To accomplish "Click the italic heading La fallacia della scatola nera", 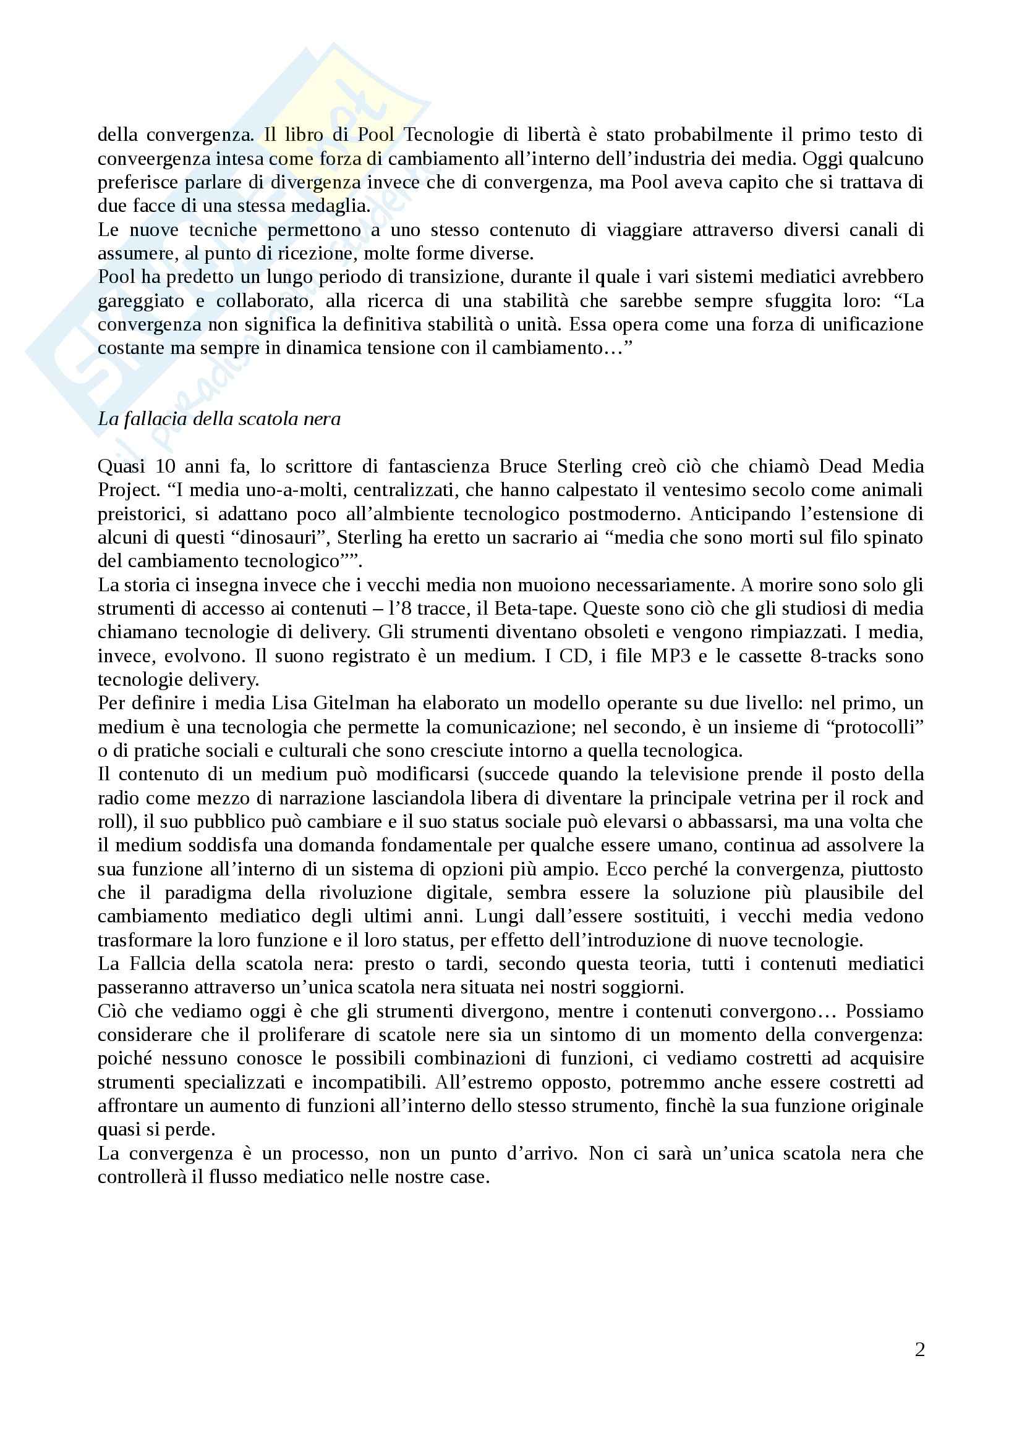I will [218, 418].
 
